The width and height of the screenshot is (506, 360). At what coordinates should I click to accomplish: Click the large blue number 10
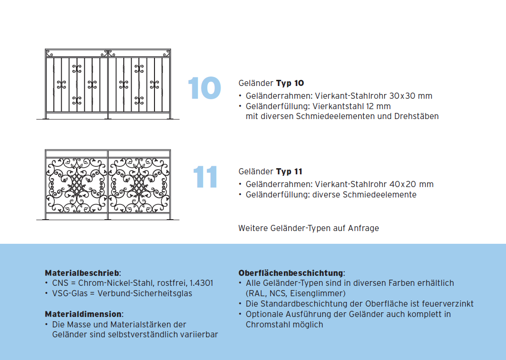[204, 88]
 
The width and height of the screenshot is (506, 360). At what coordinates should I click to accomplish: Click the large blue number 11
[206, 177]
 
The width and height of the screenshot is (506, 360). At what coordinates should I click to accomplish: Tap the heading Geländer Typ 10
[271, 83]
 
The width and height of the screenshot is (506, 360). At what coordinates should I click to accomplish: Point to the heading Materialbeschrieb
[83, 273]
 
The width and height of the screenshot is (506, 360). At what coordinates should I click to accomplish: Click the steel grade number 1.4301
[201, 283]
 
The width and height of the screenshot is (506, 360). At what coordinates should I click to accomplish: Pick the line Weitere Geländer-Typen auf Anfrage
[309, 228]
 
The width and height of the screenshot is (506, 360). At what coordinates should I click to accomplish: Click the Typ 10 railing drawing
[108, 84]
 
